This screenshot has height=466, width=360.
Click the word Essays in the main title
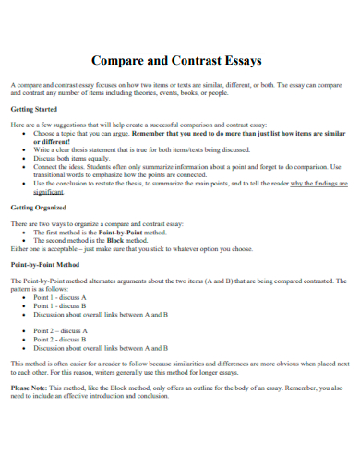pos(240,60)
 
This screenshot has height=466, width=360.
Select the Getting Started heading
pos(33,109)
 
